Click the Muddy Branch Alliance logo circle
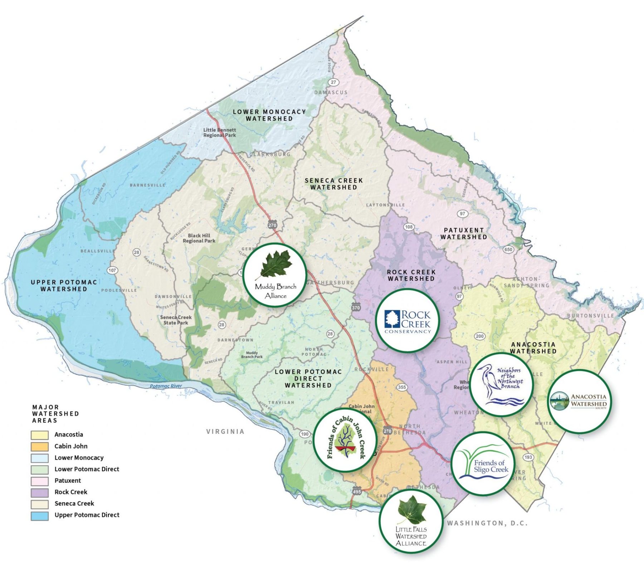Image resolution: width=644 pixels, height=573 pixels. (x=275, y=275)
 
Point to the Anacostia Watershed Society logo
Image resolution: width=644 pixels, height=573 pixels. (x=580, y=401)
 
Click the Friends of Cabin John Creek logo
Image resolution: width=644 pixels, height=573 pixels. (x=345, y=439)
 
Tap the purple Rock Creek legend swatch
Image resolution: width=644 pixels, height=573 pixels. (x=40, y=492)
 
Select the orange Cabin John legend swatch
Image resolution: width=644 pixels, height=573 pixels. (x=40, y=446)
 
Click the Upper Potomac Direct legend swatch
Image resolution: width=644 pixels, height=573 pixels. (x=40, y=515)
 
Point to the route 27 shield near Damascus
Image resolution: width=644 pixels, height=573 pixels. (x=333, y=82)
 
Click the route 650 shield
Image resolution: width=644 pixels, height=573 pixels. (x=508, y=249)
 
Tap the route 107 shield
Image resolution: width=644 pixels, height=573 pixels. (x=112, y=270)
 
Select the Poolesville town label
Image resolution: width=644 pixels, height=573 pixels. (x=119, y=290)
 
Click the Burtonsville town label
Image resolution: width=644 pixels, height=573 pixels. (x=590, y=316)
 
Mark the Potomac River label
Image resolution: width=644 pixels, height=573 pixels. (x=166, y=386)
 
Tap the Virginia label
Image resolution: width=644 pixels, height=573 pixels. (x=225, y=432)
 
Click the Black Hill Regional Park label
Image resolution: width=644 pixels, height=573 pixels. (x=199, y=238)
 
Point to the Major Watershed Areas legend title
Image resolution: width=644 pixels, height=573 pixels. (x=55, y=414)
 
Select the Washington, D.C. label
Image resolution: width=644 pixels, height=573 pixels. (x=487, y=523)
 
